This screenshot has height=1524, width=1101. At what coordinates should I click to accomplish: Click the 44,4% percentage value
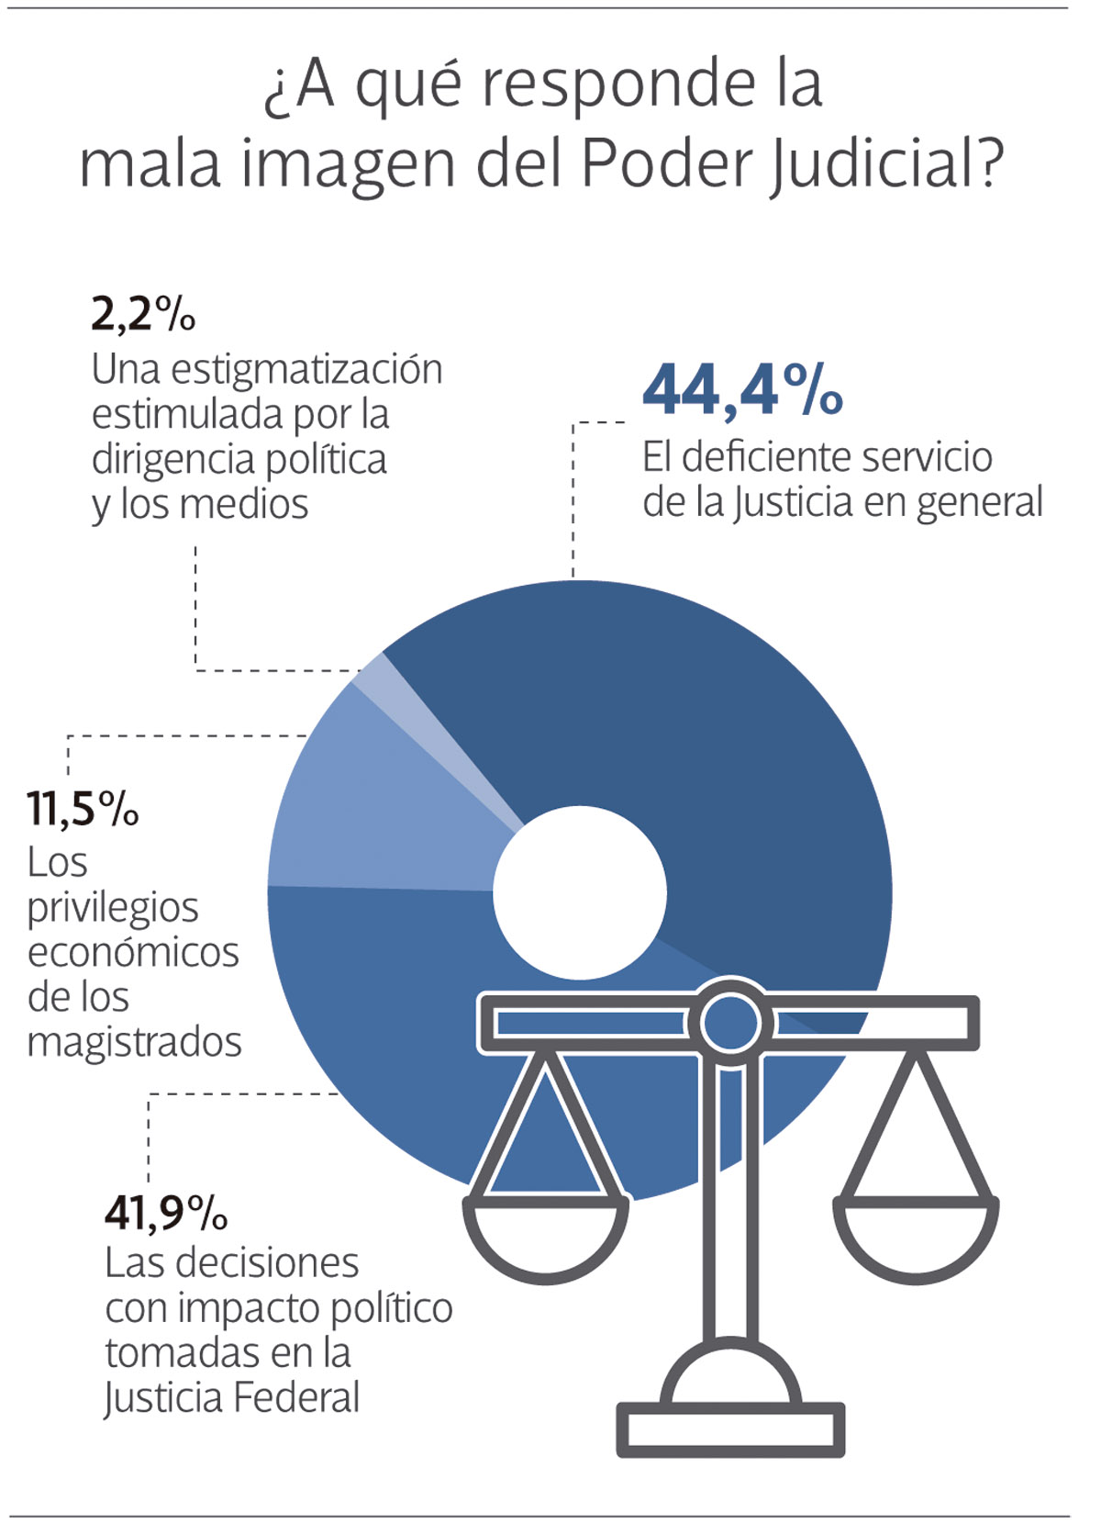pos(741,390)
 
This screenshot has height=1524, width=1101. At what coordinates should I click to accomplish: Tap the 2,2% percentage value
pos(143,314)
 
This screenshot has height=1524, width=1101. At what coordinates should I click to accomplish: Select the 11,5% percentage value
pos(83,809)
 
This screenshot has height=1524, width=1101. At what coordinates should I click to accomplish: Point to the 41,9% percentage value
pos(165,1213)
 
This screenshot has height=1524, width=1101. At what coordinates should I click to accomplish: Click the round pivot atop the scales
pos(730,1022)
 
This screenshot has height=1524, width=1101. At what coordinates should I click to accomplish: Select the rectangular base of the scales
pos(730,1429)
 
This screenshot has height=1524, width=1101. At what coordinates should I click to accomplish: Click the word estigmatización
pos(306,370)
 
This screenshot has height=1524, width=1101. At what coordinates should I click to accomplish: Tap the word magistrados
pos(134,1043)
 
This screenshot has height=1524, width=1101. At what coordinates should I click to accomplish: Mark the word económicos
pos(133,953)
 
